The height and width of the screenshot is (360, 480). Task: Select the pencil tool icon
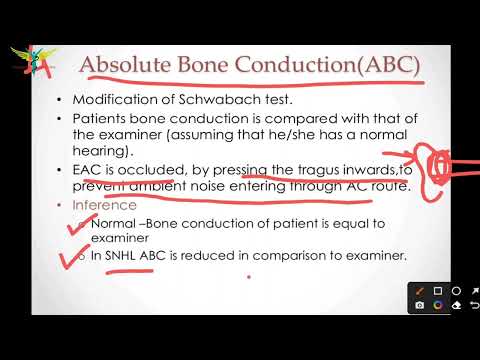point(421,291)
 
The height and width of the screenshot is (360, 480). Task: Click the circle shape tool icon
point(457,291)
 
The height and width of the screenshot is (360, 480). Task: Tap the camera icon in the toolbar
point(421,304)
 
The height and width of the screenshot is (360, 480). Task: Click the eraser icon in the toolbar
point(457,304)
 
